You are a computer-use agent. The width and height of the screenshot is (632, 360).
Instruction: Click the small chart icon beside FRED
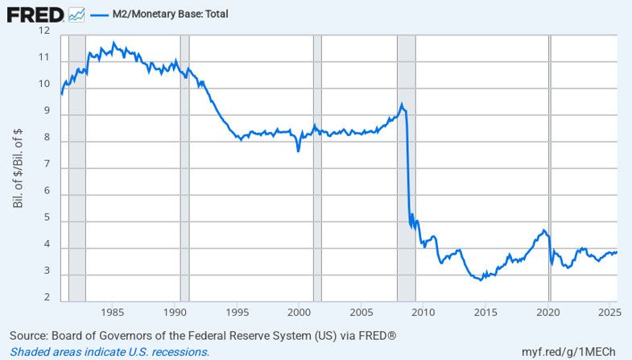[77, 14]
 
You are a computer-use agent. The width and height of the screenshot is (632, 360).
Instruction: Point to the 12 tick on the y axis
[43, 31]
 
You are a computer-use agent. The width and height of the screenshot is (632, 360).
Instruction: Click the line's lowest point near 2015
[481, 279]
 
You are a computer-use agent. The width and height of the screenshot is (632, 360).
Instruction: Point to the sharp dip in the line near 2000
[299, 150]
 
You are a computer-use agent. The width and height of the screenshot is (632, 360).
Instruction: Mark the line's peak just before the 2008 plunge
[402, 104]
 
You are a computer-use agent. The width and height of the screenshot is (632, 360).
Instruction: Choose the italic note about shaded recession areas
[109, 352]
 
